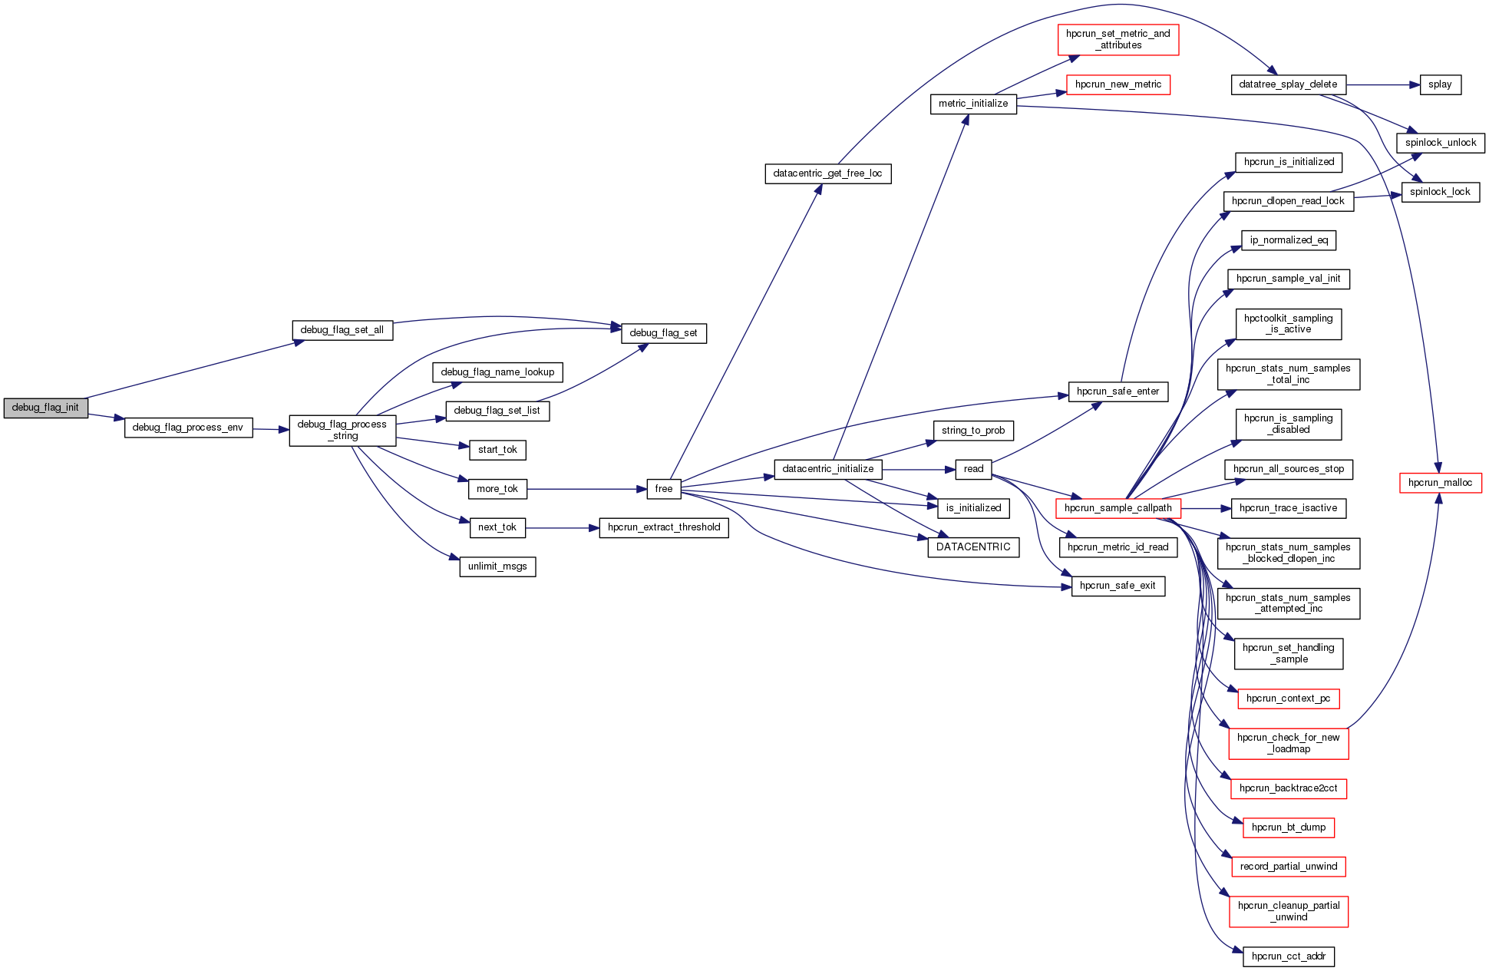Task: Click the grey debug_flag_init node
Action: (45, 408)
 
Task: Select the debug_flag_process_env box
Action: (188, 428)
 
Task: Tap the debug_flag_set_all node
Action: (342, 330)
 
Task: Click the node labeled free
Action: (664, 489)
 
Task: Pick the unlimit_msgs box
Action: (497, 566)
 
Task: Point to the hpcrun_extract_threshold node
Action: (664, 527)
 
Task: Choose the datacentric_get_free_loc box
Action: (827, 173)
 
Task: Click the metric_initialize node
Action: (973, 104)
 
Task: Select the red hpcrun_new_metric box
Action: (1118, 84)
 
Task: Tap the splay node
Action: (1440, 84)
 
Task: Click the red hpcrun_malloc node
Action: (1440, 483)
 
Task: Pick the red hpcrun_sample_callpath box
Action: (1118, 508)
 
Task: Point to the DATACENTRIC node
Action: (973, 547)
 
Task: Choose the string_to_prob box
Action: (973, 431)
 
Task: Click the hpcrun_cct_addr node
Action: (1289, 956)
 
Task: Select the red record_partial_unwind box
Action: (1289, 867)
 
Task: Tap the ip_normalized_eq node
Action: (1289, 240)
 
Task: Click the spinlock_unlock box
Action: (1441, 143)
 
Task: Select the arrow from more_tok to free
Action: (587, 489)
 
